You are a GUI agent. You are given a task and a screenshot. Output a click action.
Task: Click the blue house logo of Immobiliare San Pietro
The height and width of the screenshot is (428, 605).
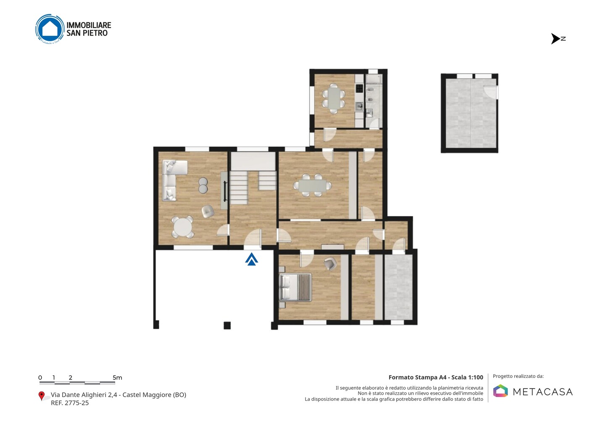coord(50,29)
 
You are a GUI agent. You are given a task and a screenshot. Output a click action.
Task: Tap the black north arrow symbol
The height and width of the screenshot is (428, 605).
coord(555,39)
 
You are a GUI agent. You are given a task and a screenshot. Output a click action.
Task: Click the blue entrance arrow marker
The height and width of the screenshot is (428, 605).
coord(251,259)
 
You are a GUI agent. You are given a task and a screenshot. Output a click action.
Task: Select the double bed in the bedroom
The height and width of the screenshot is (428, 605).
coord(295,287)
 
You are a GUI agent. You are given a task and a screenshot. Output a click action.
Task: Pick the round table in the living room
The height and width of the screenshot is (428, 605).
coord(182,227)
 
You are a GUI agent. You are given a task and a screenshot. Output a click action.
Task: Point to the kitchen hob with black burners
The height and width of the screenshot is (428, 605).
coord(359,89)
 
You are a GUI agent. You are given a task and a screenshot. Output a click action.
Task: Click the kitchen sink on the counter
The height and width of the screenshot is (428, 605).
coord(359,106)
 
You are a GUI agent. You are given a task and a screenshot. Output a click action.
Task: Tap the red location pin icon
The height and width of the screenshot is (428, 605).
coord(41,396)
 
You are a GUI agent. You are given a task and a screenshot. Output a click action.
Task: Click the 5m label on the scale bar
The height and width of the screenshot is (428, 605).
coord(118,378)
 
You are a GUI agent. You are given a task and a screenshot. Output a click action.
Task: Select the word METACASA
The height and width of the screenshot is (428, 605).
coord(543,392)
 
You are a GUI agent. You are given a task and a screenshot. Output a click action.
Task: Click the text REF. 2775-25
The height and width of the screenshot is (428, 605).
coord(70,403)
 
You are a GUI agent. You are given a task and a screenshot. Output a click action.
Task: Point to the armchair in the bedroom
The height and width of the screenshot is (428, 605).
coord(330,263)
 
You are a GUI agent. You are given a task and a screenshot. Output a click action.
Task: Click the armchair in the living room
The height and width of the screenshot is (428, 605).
coord(208,211)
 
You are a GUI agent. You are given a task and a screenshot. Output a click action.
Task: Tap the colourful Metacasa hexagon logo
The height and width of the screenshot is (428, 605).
coord(500,391)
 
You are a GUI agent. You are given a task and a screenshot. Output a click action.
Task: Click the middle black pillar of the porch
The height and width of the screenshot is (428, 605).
coord(227,325)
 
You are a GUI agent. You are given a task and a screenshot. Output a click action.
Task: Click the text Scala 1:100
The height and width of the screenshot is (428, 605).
coord(467,377)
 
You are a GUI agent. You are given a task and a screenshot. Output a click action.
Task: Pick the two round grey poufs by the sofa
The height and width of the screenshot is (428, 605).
coord(203,185)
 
